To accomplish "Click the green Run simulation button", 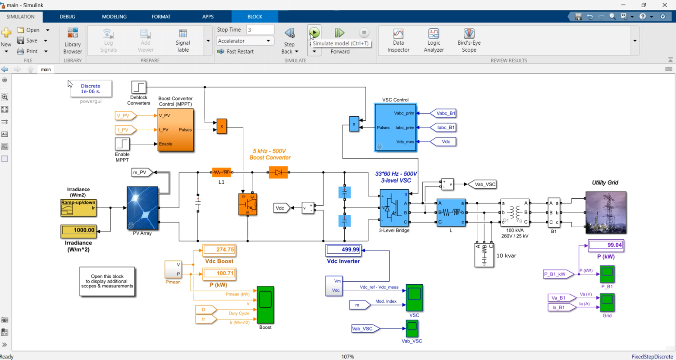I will (314, 32).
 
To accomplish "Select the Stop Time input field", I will (260, 30).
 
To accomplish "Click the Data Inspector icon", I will (398, 34).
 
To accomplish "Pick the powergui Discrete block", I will (91, 88).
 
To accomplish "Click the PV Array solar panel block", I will (142, 208).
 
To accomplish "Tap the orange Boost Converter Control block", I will (176, 130).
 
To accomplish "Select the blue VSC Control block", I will (395, 127).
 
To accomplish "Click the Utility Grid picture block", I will (605, 212).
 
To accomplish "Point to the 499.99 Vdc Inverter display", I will (343, 250).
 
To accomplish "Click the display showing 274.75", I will (219, 250).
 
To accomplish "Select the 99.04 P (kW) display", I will (606, 245).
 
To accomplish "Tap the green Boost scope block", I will (265, 305).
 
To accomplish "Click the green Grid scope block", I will (607, 302).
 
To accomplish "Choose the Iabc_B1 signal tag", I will (443, 128).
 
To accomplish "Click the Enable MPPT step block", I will (122, 144).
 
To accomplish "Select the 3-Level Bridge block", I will (394, 208).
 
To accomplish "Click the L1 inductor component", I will (221, 172).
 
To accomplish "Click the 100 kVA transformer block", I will (515, 212).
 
